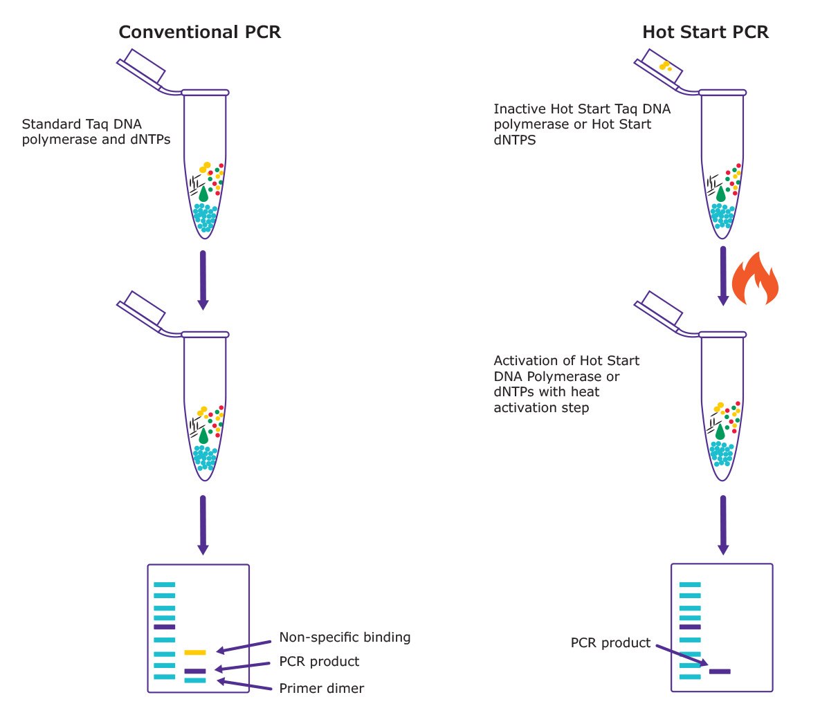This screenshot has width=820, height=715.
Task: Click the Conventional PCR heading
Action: coord(199,32)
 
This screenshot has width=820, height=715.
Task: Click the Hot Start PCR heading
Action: coord(705,32)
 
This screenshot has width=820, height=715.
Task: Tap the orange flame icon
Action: coord(755,279)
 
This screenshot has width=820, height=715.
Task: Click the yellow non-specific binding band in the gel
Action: coord(195,652)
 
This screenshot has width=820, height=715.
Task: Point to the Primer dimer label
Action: coord(321,688)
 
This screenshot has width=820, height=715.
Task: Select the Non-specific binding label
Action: coord(345,637)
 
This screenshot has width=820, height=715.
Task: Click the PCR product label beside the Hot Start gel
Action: coord(610,643)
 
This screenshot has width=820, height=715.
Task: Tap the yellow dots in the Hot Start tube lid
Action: coord(665,66)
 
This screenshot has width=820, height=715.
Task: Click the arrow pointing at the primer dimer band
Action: coord(246,685)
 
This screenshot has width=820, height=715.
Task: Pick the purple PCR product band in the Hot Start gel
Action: coord(720,671)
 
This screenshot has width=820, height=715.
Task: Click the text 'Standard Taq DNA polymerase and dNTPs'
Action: coord(96,131)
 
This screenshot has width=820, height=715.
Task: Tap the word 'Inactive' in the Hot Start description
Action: coord(520,109)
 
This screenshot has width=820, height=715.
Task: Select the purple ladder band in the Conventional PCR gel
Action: coord(165,626)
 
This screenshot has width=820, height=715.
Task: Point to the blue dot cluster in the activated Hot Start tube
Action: coord(722,454)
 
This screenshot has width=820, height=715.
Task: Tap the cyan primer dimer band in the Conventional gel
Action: coord(195,680)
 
